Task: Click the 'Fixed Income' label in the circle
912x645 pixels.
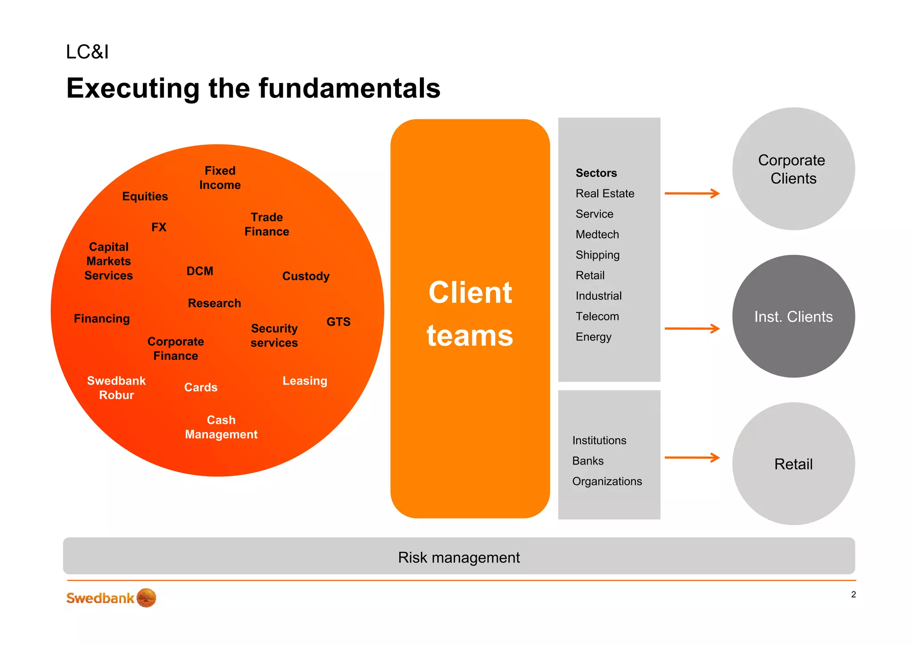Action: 220,178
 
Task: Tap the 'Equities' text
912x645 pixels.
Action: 145,196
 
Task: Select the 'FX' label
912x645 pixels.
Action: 159,227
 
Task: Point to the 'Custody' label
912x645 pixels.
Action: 306,276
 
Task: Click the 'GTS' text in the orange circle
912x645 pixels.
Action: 338,322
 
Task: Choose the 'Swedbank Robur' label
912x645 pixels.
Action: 116,388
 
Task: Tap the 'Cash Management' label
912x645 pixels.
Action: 221,427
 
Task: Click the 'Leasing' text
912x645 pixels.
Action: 305,381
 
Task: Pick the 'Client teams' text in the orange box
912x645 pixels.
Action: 470,314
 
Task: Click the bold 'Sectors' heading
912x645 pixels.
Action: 596,173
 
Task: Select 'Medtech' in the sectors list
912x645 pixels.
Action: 597,234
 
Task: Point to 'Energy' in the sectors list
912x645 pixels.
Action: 593,337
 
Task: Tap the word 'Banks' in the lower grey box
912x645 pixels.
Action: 588,461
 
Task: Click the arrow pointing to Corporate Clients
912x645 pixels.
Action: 692,193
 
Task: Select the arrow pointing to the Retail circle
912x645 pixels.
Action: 692,457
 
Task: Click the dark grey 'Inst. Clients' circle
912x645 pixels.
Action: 793,316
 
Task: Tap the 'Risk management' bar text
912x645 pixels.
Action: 459,557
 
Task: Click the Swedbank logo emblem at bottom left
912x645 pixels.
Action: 147,598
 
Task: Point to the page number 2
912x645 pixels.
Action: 853,594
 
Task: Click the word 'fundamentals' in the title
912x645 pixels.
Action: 349,88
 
